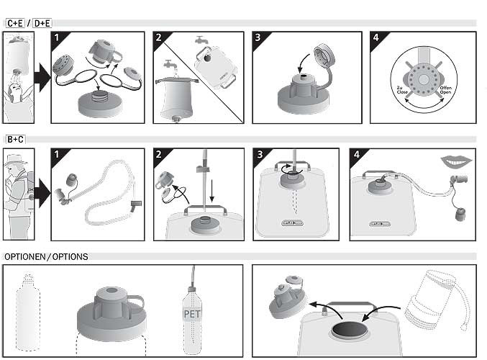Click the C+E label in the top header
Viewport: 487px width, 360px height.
click(x=15, y=23)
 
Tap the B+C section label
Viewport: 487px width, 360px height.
click(x=15, y=139)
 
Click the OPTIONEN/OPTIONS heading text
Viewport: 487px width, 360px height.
click(x=46, y=256)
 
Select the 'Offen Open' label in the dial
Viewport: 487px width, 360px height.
click(x=447, y=92)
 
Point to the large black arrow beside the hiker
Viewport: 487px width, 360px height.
click(x=42, y=194)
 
